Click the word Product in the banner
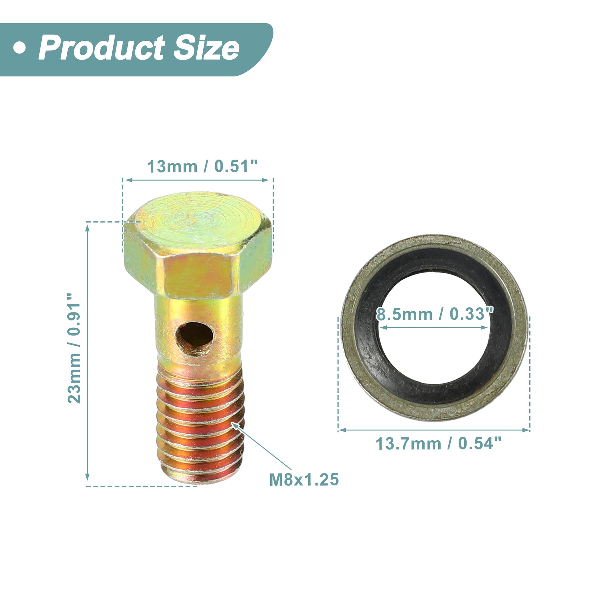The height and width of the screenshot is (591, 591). [101, 48]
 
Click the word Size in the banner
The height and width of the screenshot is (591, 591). [206, 48]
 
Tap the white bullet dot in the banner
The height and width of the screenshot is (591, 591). [20, 48]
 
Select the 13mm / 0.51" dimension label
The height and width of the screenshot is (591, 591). [202, 166]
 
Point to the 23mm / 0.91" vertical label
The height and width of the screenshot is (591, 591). [74, 348]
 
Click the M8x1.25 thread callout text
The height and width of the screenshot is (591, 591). [304, 480]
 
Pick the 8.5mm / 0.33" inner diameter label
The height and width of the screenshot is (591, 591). [435, 314]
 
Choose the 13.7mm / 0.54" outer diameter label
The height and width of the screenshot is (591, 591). [439, 444]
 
